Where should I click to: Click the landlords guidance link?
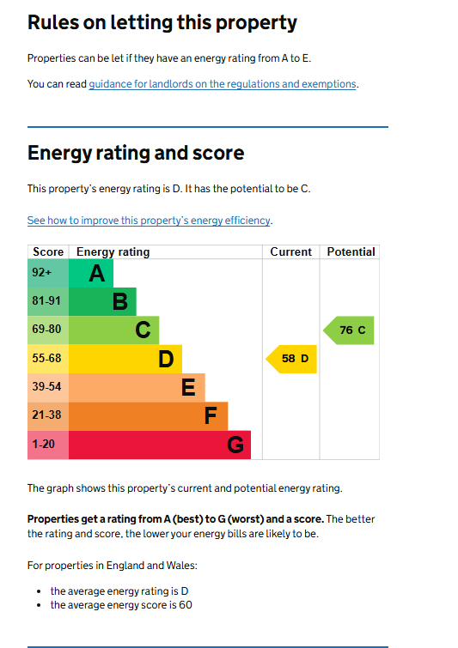tap(223, 84)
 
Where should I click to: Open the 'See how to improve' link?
tap(149, 221)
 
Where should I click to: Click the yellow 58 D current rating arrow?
tap(291, 359)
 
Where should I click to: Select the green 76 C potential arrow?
tap(348, 330)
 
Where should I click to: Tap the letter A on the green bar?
tap(97, 274)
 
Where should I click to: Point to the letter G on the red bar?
tap(235, 445)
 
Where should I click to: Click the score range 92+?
tap(42, 272)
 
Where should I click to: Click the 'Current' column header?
tap(290, 251)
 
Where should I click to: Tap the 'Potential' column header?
tap(351, 251)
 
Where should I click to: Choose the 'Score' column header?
tap(48, 251)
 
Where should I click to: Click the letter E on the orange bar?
tap(188, 388)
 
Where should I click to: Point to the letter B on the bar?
tap(120, 301)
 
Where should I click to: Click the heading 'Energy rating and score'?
tap(136, 153)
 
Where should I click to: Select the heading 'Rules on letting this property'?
tap(162, 22)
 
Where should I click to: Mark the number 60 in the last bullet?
tap(186, 605)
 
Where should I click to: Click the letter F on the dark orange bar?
tap(211, 416)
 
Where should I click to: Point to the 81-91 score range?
tap(46, 301)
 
